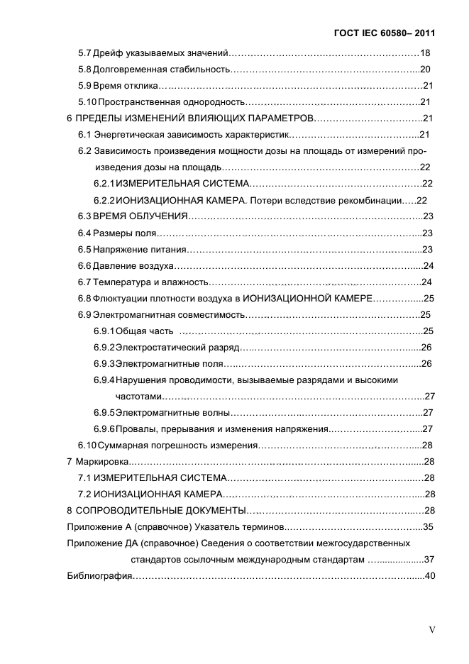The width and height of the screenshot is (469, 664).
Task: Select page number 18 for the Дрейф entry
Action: point(426,53)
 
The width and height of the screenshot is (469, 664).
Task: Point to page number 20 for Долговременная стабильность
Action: point(426,70)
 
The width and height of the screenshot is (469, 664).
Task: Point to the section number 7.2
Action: point(85,494)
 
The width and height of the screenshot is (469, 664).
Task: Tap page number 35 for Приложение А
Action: point(428,526)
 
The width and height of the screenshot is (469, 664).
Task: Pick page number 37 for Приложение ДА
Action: point(428,559)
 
